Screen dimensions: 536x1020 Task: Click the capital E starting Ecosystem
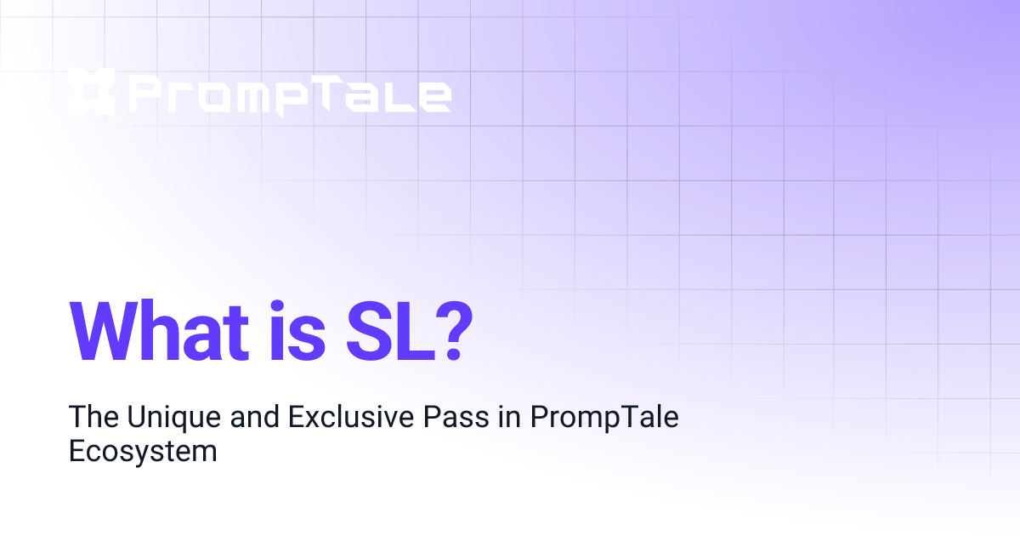pyautogui.click(x=76, y=451)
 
